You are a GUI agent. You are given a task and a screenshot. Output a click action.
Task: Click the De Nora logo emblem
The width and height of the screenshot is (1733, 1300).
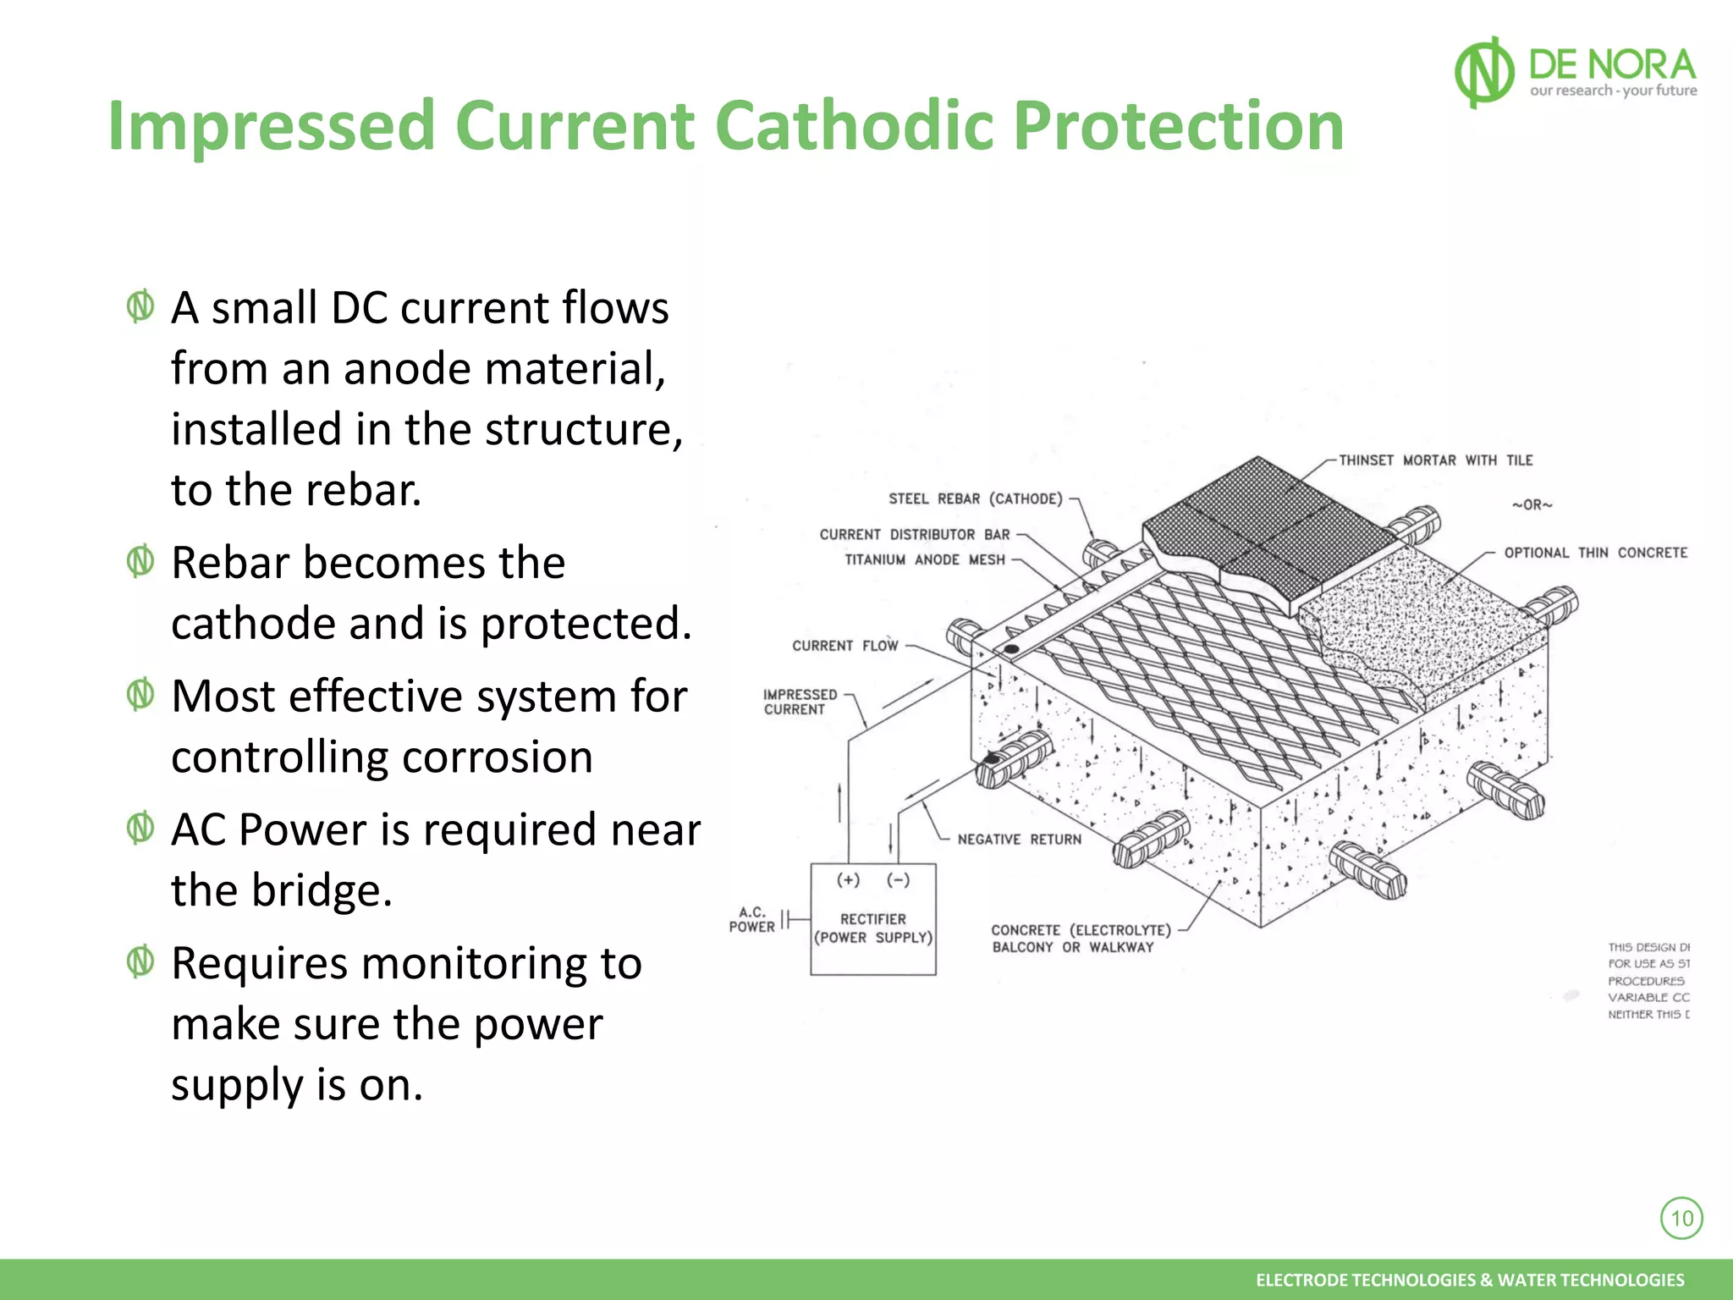[x=1483, y=73]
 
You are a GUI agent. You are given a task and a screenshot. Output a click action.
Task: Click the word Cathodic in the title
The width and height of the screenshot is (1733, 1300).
[x=855, y=126]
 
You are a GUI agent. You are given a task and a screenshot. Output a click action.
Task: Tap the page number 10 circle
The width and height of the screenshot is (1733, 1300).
[x=1681, y=1219]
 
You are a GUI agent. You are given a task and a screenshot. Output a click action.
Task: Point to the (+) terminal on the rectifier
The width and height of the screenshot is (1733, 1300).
[x=848, y=880]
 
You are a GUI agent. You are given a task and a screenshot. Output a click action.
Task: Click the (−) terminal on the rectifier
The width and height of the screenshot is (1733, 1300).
[x=898, y=880]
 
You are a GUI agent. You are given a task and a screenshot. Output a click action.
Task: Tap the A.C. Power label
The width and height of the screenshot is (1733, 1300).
[x=751, y=920]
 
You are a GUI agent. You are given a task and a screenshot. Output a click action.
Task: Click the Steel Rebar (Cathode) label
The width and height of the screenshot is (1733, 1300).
[x=975, y=499]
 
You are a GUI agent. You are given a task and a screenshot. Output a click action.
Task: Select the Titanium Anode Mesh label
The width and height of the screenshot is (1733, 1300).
[x=924, y=560]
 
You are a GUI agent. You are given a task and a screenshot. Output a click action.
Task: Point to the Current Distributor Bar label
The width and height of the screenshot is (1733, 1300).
[x=914, y=535]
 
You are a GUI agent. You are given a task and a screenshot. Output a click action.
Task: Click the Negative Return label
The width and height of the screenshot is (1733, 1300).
[x=1019, y=840]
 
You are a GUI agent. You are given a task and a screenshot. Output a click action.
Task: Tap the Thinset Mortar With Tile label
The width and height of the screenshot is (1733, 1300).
[x=1435, y=460]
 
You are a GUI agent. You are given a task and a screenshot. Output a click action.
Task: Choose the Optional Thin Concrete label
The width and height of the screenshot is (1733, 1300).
[x=1595, y=553]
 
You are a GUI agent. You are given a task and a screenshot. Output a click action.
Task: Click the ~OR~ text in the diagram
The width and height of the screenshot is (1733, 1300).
[x=1532, y=505]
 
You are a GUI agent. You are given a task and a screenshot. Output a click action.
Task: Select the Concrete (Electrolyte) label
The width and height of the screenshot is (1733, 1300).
[x=1081, y=930]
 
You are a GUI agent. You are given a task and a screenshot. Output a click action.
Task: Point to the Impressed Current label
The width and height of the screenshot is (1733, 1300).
[x=799, y=702]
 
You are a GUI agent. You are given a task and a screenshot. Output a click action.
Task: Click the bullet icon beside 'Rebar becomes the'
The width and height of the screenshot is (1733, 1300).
[x=140, y=561]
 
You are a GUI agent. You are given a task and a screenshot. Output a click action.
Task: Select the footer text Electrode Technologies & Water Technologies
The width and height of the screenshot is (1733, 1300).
[x=1470, y=1280]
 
